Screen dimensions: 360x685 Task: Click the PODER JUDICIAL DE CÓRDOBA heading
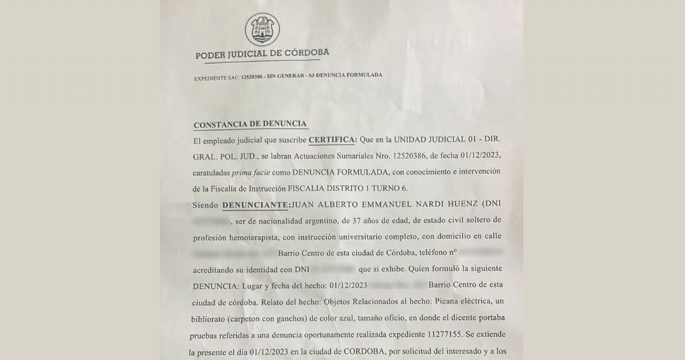262,55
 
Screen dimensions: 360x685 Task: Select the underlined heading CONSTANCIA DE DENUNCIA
251,124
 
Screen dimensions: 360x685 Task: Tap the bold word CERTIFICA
333,139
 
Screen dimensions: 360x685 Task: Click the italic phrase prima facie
261,172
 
